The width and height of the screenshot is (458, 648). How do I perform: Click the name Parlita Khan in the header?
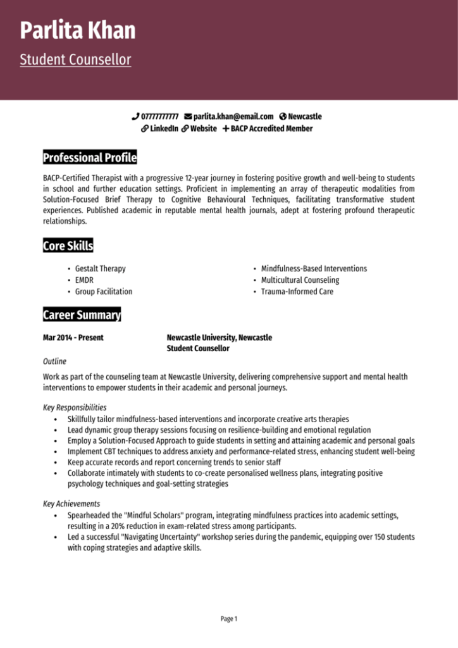(77, 30)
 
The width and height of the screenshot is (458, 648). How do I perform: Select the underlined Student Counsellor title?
(75, 60)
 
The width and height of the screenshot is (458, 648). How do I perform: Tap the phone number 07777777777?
(159, 116)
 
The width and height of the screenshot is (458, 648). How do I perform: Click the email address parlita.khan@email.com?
(233, 116)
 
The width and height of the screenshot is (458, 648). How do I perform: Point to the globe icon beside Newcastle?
(283, 116)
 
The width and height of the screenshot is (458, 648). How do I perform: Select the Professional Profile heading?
(89, 158)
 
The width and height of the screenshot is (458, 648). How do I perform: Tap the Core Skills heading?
(68, 246)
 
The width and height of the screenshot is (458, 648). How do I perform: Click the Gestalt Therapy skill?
(100, 268)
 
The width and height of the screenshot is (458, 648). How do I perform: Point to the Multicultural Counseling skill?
(300, 280)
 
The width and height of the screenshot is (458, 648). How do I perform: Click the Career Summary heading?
(82, 315)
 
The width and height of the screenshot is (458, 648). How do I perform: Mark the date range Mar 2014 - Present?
(73, 337)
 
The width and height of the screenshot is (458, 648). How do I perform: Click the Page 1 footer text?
(229, 618)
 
